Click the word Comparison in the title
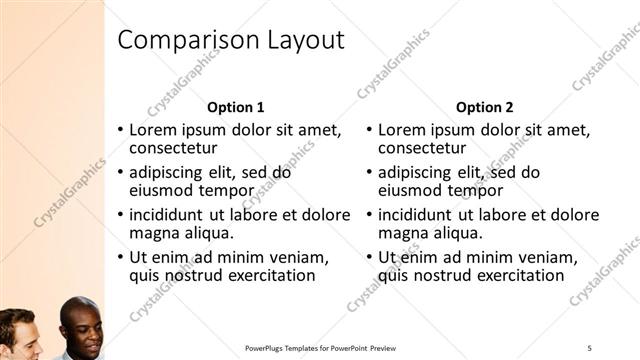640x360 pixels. click(x=185, y=40)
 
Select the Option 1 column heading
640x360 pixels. click(x=236, y=107)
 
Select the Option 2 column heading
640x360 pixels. click(x=485, y=107)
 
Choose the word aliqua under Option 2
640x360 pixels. click(x=455, y=233)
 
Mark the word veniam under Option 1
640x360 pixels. click(x=299, y=256)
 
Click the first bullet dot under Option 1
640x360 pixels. click(x=121, y=130)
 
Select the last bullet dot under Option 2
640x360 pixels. click(x=370, y=257)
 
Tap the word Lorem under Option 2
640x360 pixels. click(x=402, y=130)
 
